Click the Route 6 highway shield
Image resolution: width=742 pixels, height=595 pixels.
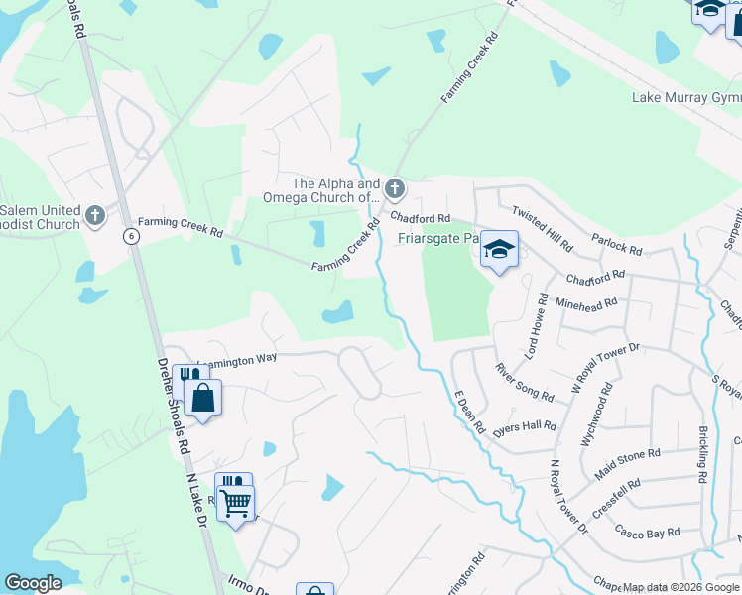coord(130,236)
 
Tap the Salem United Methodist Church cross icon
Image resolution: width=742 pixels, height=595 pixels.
coord(95,215)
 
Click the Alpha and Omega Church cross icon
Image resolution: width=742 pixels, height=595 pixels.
coord(395,188)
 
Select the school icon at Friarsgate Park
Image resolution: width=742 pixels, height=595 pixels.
coord(500,249)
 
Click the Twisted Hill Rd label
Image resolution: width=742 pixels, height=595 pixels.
coord(542,228)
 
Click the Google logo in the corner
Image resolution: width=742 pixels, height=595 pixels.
coord(33,583)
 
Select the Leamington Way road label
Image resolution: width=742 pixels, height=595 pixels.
coord(239,360)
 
